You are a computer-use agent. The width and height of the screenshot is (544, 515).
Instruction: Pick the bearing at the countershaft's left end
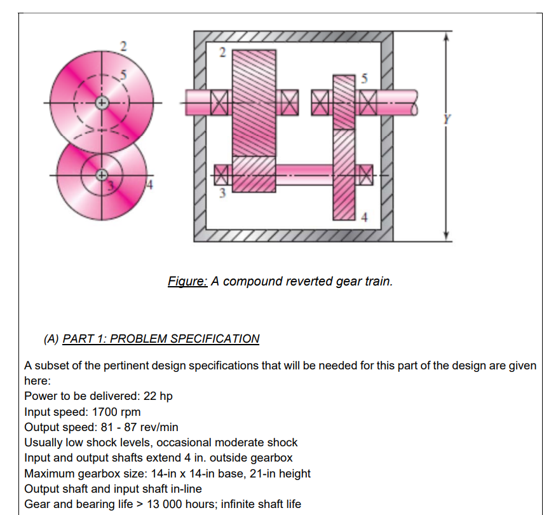coord(222,171)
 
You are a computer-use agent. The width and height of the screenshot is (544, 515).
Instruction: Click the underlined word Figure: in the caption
coord(187,280)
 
